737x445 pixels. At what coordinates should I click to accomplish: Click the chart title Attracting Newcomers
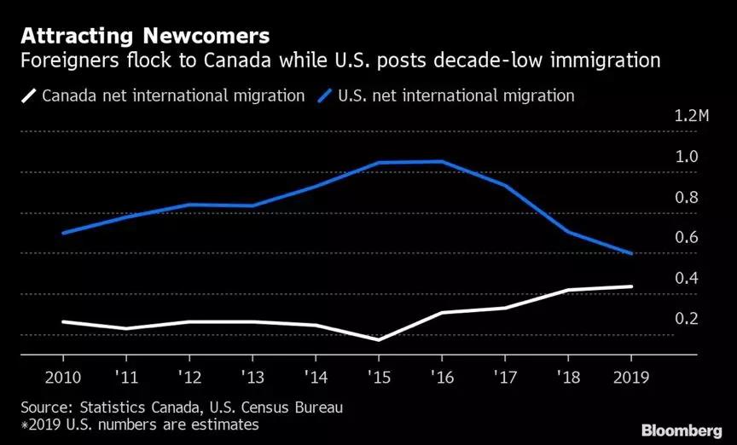point(145,37)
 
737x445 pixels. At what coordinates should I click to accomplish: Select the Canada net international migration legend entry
point(162,95)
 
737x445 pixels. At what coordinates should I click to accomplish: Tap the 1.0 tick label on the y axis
point(687,157)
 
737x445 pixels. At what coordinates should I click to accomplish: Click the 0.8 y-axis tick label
point(687,198)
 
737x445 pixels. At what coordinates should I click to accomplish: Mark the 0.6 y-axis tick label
point(687,238)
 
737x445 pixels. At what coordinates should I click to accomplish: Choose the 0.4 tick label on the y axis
point(687,279)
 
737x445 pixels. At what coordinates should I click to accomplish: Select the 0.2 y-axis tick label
point(687,319)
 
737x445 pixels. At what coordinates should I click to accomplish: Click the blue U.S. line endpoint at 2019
point(630,253)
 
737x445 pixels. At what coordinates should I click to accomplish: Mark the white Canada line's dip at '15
point(378,339)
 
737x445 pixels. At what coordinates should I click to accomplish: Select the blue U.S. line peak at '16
point(441,161)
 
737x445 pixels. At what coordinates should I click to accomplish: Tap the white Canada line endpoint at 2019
point(630,286)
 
